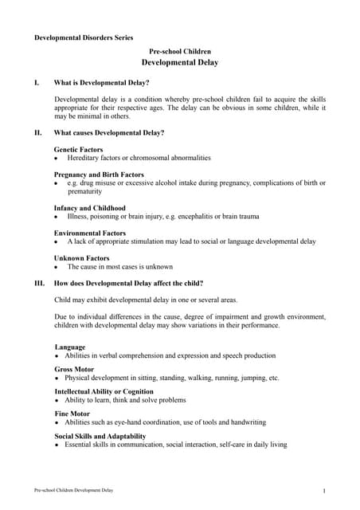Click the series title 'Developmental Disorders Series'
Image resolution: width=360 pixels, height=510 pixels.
pyautogui.click(x=84, y=37)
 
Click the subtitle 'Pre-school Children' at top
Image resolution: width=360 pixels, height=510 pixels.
pyautogui.click(x=180, y=51)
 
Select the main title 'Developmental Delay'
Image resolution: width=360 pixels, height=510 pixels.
pyautogui.click(x=180, y=62)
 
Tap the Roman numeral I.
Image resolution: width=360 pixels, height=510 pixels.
pyautogui.click(x=36, y=82)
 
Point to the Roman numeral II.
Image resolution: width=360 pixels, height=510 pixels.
pyautogui.click(x=37, y=132)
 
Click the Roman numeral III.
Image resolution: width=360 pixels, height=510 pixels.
pyautogui.click(x=38, y=283)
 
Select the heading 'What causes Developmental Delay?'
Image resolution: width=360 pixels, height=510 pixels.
pyautogui.click(x=109, y=132)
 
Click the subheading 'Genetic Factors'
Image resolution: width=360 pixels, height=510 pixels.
pyautogui.click(x=78, y=149)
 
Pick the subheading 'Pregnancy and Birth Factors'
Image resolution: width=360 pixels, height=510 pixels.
pyautogui.click(x=99, y=174)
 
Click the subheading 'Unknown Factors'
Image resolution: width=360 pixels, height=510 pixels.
pyautogui.click(x=81, y=258)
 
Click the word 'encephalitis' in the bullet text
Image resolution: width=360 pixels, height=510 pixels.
pyautogui.click(x=208, y=216)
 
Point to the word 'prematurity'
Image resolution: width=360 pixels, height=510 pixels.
pyautogui.click(x=85, y=191)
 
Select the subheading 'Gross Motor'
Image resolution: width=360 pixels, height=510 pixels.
pyautogui.click(x=74, y=370)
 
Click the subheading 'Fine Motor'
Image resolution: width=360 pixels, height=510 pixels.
pyautogui.click(x=72, y=414)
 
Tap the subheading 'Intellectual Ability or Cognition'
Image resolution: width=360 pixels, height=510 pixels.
pyautogui.click(x=104, y=392)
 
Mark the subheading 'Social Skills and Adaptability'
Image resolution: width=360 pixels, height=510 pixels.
pyautogui.click(x=100, y=436)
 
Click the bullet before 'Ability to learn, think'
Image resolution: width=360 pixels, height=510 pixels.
pyautogui.click(x=57, y=400)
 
